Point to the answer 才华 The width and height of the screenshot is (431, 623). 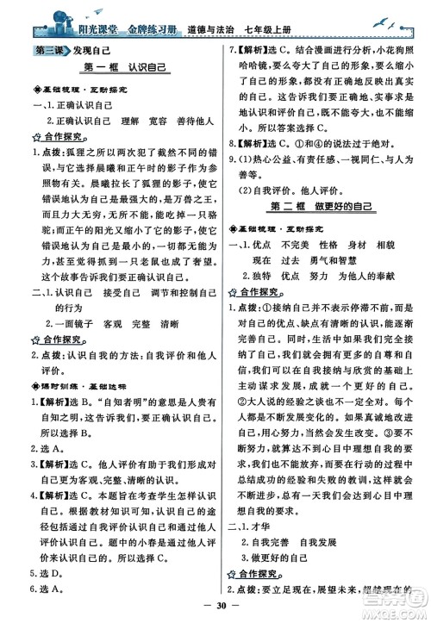(262, 508)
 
